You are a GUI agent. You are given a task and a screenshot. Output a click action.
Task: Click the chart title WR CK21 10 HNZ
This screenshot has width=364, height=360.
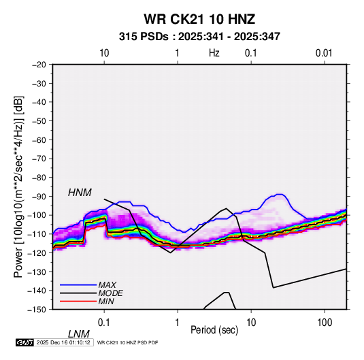pyautogui.click(x=199, y=19)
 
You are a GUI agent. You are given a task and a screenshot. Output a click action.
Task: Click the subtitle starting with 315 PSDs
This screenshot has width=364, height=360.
pyautogui.click(x=199, y=37)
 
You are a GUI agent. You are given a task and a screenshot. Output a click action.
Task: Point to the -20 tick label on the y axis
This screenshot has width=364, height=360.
pyautogui.click(x=39, y=65)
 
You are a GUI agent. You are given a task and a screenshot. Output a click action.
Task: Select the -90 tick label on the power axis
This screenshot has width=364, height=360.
pyautogui.click(x=39, y=196)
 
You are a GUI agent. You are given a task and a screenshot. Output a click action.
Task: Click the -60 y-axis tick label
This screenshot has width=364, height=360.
pyautogui.click(x=39, y=140)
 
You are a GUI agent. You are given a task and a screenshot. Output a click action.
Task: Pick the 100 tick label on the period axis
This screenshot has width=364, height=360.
pyautogui.click(x=325, y=323)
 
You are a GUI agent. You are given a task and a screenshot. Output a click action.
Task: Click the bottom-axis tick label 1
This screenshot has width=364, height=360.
pyautogui.click(x=178, y=323)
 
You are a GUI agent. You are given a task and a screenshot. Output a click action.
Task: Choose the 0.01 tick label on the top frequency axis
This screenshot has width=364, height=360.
pyautogui.click(x=324, y=53)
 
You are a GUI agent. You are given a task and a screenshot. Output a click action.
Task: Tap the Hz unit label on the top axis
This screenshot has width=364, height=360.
pyautogui.click(x=214, y=53)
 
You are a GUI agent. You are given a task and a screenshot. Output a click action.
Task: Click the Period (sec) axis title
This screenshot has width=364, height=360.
pyautogui.click(x=214, y=330)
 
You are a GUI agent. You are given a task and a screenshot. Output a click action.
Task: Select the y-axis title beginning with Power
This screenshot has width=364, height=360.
pyautogui.click(x=18, y=187)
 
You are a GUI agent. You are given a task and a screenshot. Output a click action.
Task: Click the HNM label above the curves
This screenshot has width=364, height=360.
pyautogui.click(x=80, y=193)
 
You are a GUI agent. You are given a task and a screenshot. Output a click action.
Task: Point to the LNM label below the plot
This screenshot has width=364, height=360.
pyautogui.click(x=79, y=334)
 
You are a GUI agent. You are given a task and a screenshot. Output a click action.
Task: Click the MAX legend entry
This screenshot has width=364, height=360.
pyautogui.click(x=107, y=284)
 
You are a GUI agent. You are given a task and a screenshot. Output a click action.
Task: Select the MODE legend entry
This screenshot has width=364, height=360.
pyautogui.click(x=110, y=293)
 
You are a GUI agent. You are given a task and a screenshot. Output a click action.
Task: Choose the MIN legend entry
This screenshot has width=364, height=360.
pyautogui.click(x=106, y=301)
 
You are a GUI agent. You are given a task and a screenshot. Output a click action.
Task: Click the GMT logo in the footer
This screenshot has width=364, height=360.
pyautogui.click(x=24, y=342)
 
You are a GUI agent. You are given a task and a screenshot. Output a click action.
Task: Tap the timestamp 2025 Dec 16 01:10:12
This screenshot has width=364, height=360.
pyautogui.click(x=63, y=342)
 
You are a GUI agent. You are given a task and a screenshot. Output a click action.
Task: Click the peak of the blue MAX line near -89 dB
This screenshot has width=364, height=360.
pyautogui.click(x=280, y=194)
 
